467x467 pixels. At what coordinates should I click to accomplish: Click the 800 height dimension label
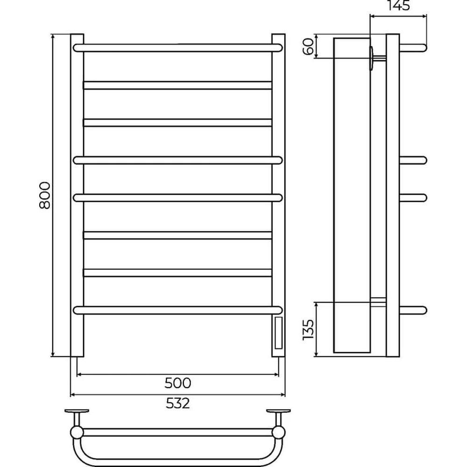(x=45, y=195)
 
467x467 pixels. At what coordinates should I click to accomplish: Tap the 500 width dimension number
(x=178, y=383)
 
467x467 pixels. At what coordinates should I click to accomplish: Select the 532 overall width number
(x=178, y=403)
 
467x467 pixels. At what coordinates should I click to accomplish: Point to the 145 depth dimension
(x=398, y=5)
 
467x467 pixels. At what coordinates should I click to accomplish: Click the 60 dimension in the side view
(x=309, y=46)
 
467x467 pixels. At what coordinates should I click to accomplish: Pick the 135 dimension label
(x=308, y=330)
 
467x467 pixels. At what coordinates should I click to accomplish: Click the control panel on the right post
(x=278, y=333)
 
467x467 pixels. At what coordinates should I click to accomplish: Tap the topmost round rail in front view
(x=177, y=48)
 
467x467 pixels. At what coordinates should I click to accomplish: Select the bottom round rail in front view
(x=177, y=311)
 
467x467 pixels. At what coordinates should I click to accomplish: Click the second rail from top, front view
(x=178, y=85)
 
